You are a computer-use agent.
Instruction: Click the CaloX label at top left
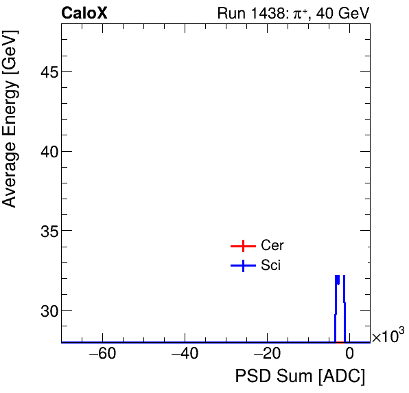click(x=84, y=13)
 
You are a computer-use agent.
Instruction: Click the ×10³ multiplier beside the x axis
click(x=388, y=337)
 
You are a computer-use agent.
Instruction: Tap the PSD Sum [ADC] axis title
click(x=300, y=377)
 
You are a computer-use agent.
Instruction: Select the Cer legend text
click(x=272, y=246)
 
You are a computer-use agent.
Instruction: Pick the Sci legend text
click(x=271, y=265)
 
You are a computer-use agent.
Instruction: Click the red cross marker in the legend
click(x=242, y=246)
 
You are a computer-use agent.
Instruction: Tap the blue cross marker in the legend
click(x=242, y=265)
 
